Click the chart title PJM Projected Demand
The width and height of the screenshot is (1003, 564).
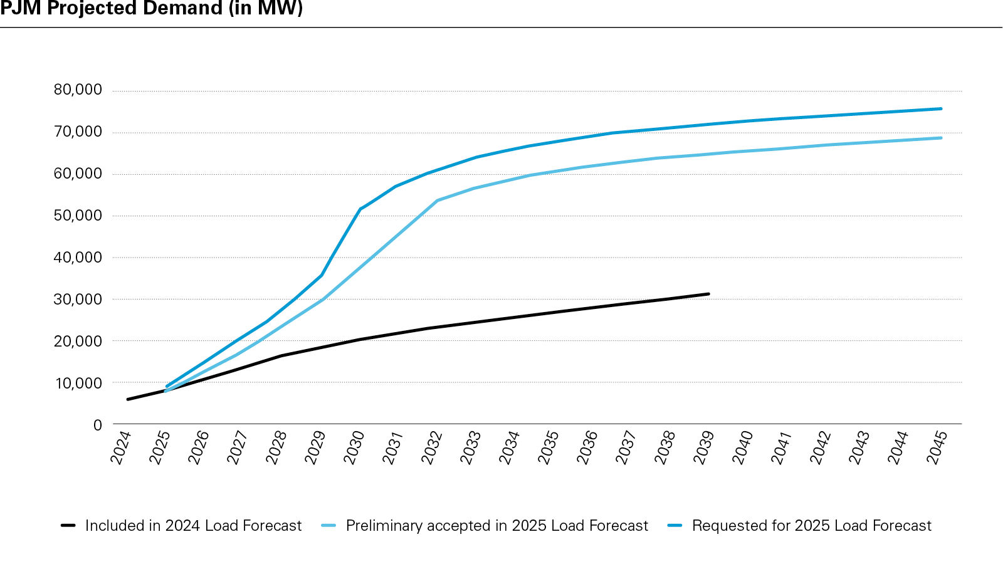[x=151, y=9]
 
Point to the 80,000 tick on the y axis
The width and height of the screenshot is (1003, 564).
[x=78, y=90]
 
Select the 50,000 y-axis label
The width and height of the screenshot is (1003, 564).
[x=78, y=216]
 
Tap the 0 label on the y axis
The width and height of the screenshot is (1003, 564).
[x=97, y=425]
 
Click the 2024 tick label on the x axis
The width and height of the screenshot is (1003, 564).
[x=121, y=447]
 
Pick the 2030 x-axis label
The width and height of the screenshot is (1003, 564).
[x=354, y=447]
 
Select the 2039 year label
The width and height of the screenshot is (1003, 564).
[x=704, y=447]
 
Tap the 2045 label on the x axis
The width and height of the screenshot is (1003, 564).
[x=937, y=447]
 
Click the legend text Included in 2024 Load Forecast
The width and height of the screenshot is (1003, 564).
[x=193, y=526]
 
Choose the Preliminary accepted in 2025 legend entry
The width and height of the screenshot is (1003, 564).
[x=496, y=526]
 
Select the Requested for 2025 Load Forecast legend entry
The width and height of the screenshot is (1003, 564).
[x=811, y=526]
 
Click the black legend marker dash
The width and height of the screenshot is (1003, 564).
[x=68, y=526]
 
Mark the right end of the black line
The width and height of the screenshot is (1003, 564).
[x=708, y=294]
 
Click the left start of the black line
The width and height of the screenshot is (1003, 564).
[x=128, y=399]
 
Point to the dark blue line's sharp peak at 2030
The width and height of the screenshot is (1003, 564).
[x=360, y=209]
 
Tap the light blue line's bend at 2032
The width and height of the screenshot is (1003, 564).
[x=436, y=201]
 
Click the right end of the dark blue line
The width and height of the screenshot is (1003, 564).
[x=941, y=108]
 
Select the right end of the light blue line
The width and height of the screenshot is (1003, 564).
[x=941, y=138]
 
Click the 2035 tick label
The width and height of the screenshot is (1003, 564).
[x=549, y=447]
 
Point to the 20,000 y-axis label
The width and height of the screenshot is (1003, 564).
[x=78, y=342]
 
